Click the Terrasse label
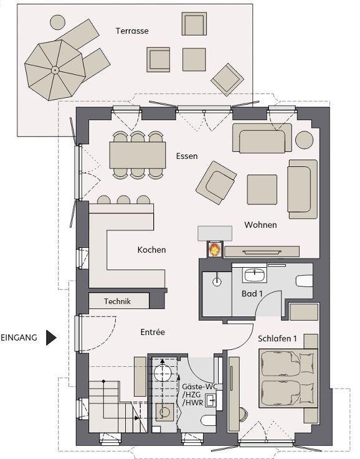[x=132, y=31]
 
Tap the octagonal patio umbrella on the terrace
[x=55, y=70]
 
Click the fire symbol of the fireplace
[x=215, y=250]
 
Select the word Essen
[x=187, y=156]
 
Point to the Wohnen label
[x=260, y=225]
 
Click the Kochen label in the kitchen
[x=151, y=250]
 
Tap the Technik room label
[x=117, y=301]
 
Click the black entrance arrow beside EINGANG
[x=51, y=338]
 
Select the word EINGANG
[x=19, y=338]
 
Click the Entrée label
[x=153, y=332]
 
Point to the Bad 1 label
[x=252, y=293]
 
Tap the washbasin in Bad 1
[x=255, y=275]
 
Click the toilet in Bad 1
[x=305, y=281]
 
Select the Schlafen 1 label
[x=277, y=339]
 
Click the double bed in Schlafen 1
[x=288, y=378]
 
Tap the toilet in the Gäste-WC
[x=209, y=420]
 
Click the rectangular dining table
[x=138, y=155]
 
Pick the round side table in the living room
[x=305, y=140]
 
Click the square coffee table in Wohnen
[x=262, y=190]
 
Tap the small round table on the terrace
[x=57, y=22]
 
